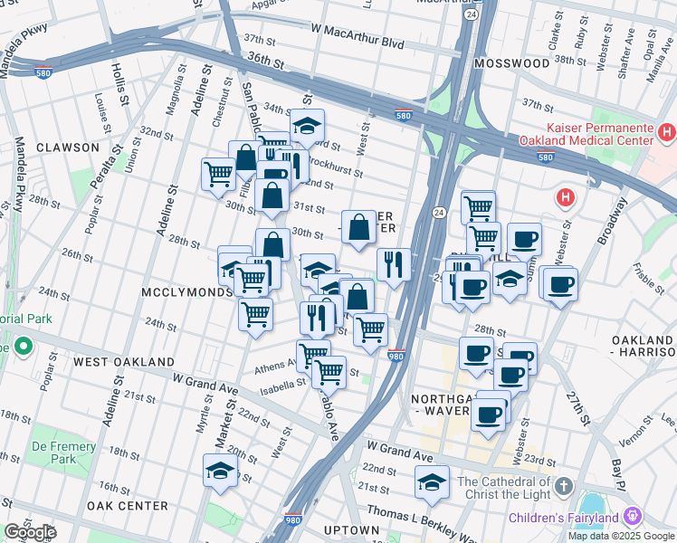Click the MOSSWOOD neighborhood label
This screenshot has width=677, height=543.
click(x=517, y=63)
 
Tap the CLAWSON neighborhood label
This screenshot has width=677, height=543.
click(x=68, y=147)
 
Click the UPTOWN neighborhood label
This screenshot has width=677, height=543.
click(x=351, y=529)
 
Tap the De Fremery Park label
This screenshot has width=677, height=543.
click(x=63, y=452)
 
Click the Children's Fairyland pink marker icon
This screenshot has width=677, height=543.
click(x=632, y=517)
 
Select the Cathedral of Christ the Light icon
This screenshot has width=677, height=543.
click(x=563, y=486)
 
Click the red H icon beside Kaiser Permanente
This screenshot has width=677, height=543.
click(x=667, y=134)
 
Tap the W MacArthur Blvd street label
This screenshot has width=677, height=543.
click(x=358, y=43)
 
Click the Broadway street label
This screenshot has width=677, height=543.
click(x=613, y=223)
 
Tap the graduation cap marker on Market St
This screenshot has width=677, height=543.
click(x=220, y=471)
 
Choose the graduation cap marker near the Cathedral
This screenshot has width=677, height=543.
click(x=433, y=481)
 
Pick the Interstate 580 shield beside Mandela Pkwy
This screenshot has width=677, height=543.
click(x=43, y=71)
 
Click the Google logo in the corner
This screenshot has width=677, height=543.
click(x=30, y=532)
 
